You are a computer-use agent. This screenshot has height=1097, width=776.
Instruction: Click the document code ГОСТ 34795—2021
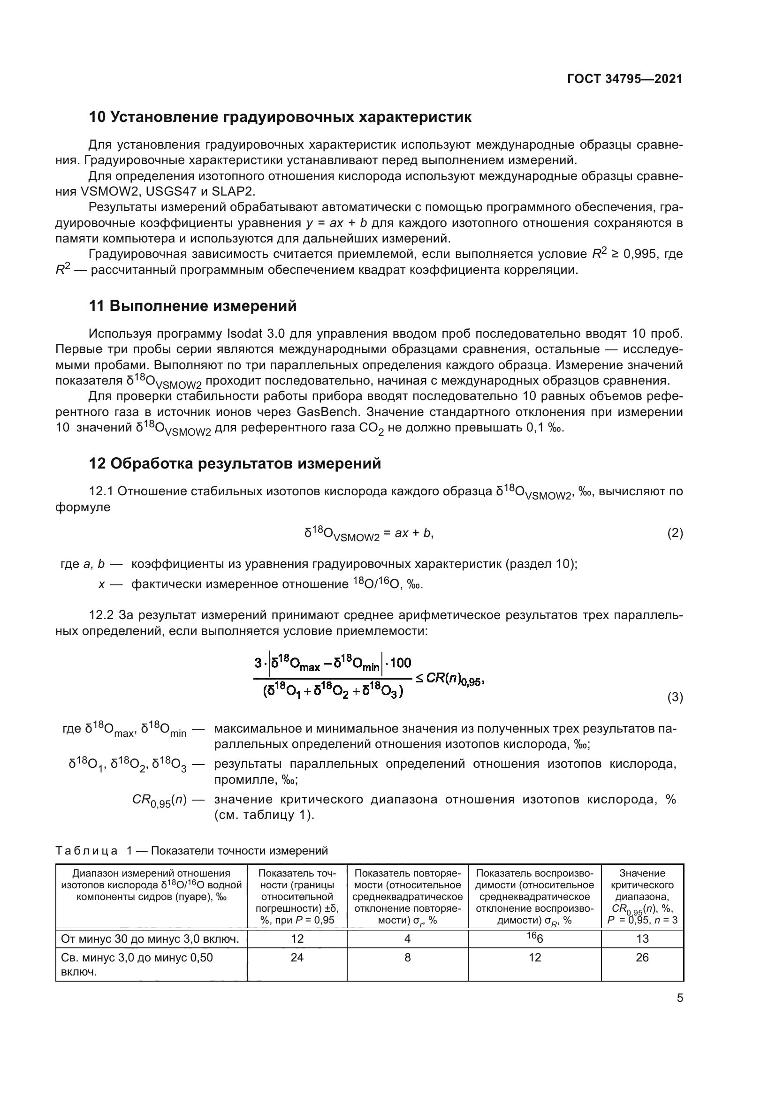click(624, 79)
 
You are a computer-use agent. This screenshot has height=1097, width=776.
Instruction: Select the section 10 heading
click(280, 117)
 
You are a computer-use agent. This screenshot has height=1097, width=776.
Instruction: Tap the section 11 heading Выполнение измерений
click(192, 306)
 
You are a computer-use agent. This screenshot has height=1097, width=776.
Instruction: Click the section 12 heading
click(235, 463)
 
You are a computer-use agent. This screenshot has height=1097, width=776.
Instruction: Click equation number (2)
click(675, 533)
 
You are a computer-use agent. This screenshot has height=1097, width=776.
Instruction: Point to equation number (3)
click(675, 697)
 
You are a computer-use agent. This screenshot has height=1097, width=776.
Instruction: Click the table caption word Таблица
click(86, 850)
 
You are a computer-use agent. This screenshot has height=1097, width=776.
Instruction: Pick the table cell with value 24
click(297, 958)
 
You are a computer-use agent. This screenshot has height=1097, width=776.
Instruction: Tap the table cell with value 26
click(642, 958)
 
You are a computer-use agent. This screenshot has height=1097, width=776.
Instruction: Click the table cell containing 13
click(642, 939)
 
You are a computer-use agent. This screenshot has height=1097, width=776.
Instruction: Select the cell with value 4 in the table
click(407, 939)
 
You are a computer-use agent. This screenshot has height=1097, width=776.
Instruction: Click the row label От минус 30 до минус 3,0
click(150, 939)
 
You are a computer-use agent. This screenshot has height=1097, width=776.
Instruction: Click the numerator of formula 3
click(333, 664)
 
